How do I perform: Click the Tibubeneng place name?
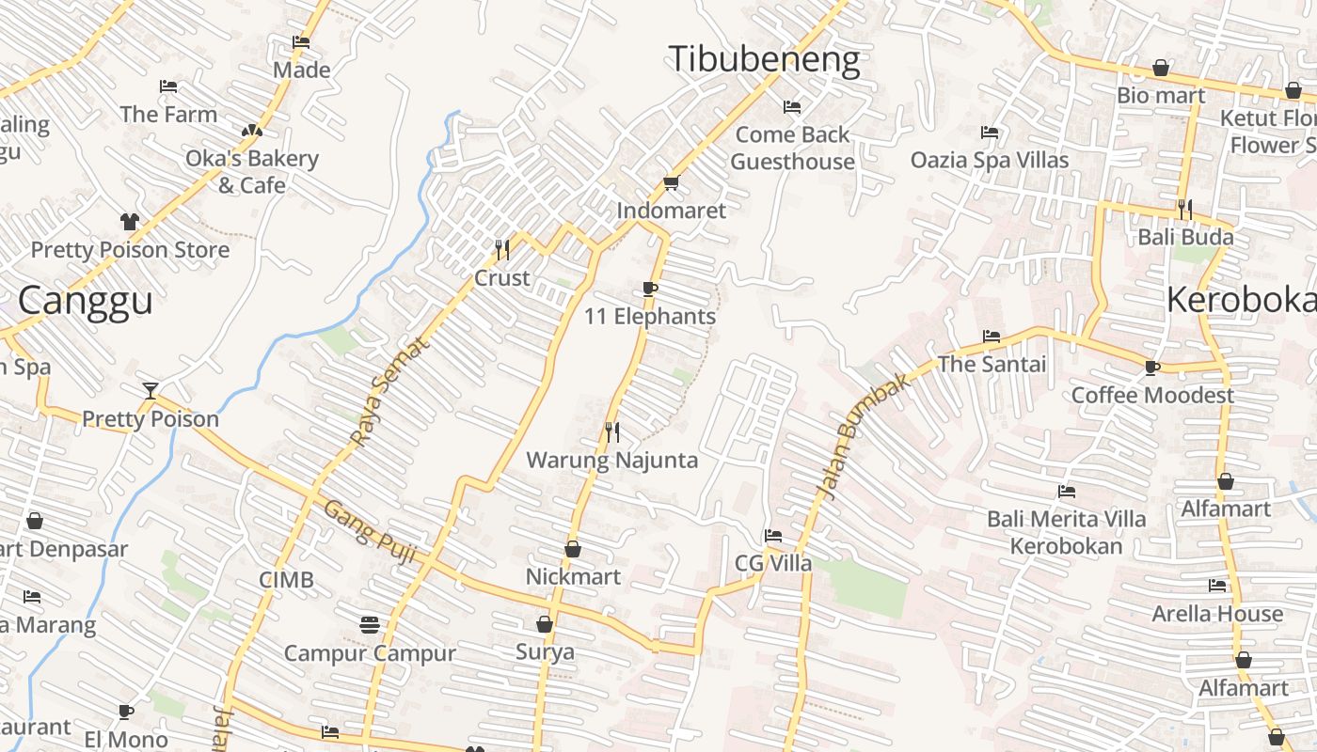click(x=764, y=60)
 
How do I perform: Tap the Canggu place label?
click(x=86, y=301)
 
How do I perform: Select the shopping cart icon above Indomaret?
click(x=671, y=182)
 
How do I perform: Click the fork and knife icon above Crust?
click(x=502, y=249)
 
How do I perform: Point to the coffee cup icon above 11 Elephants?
click(x=649, y=289)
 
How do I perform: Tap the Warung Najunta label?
click(x=611, y=460)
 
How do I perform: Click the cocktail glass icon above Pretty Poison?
click(x=150, y=390)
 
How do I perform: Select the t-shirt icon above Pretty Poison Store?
click(x=130, y=222)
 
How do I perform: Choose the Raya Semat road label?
click(x=389, y=391)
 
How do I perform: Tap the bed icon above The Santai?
click(x=992, y=336)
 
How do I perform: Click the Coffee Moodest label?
click(x=1152, y=395)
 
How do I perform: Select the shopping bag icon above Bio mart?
click(x=1161, y=69)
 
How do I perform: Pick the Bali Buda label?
click(x=1185, y=236)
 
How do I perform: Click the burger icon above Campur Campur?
click(x=370, y=624)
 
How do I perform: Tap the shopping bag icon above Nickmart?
click(x=573, y=549)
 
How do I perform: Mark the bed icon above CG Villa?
click(x=773, y=536)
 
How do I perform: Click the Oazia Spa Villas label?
click(x=990, y=160)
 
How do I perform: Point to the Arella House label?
click(x=1217, y=614)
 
